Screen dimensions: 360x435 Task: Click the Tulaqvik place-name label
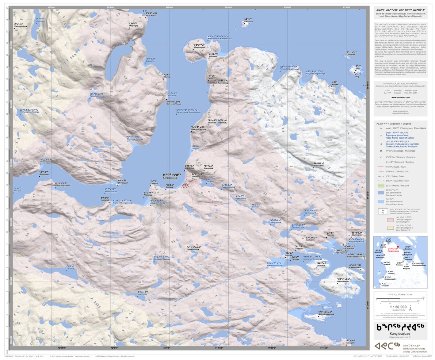300,248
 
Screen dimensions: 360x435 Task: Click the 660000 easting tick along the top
169,7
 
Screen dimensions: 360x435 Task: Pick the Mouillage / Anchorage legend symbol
381,150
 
